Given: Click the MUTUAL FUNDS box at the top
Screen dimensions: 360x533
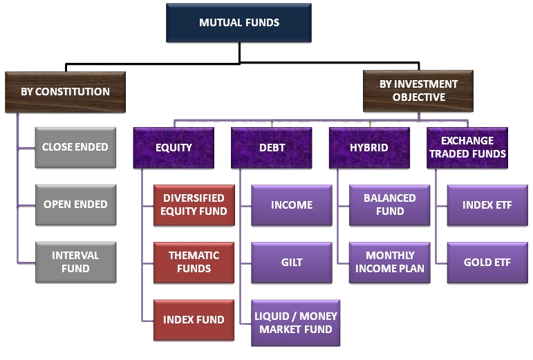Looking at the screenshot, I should (x=239, y=23).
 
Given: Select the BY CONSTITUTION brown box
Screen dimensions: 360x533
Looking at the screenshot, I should (x=65, y=91).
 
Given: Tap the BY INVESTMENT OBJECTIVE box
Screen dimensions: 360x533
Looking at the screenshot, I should (x=418, y=91).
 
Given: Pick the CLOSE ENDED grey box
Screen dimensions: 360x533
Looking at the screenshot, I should (x=75, y=147).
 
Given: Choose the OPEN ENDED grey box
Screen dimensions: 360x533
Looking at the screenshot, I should (x=75, y=205).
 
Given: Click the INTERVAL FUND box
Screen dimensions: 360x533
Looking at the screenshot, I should (x=75, y=262).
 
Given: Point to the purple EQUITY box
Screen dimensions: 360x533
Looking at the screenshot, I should (x=174, y=148).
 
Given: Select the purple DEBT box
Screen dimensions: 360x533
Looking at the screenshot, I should (x=272, y=148).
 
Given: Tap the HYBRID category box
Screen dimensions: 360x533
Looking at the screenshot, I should (x=369, y=148).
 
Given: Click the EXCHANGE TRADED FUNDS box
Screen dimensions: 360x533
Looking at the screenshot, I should (x=467, y=148).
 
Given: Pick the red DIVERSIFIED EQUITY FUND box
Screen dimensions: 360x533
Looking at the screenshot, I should (x=194, y=205).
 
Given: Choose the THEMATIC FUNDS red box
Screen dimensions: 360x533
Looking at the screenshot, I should (x=194, y=262).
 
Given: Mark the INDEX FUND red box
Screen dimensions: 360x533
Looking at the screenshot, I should (x=194, y=320).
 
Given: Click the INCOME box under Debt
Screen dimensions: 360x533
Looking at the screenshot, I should (x=292, y=205).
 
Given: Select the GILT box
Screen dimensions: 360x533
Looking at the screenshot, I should (x=292, y=263).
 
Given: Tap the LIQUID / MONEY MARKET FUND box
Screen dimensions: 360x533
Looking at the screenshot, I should (x=295, y=323).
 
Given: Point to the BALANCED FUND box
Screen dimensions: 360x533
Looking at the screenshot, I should (x=390, y=205).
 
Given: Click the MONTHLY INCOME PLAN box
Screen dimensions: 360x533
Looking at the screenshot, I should (x=390, y=262).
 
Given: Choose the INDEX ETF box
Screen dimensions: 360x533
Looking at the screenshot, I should (x=487, y=205).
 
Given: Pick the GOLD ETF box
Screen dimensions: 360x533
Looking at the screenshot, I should (x=487, y=263).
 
